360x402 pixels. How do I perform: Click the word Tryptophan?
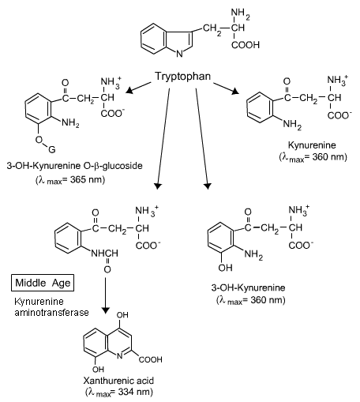coord(182,77)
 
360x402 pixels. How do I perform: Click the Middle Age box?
coord(43,283)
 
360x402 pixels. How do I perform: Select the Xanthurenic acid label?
coord(118,381)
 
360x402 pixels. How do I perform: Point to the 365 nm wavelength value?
coord(84,179)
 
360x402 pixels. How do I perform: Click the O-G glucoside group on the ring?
coord(45,145)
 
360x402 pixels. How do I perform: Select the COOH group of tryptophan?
coord(246,45)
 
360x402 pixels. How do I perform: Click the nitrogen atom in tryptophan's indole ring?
coord(179,54)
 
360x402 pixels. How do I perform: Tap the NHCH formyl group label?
coord(104,254)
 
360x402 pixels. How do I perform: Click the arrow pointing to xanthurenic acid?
coord(105,295)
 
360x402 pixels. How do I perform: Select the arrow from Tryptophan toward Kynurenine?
coord(227,88)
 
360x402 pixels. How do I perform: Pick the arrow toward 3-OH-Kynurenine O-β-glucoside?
coord(138,88)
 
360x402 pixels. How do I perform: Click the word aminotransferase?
coord(51,313)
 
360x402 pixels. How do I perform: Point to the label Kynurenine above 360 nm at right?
coord(312,145)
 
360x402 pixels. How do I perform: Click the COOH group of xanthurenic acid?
coord(150,359)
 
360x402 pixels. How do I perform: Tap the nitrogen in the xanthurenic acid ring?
coord(119,356)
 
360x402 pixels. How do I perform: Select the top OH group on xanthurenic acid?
coord(122,315)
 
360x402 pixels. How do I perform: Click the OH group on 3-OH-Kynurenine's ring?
coord(225,268)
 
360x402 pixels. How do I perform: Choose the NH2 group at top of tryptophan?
coord(240,13)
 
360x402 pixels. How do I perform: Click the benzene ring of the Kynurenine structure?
coord(259,107)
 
